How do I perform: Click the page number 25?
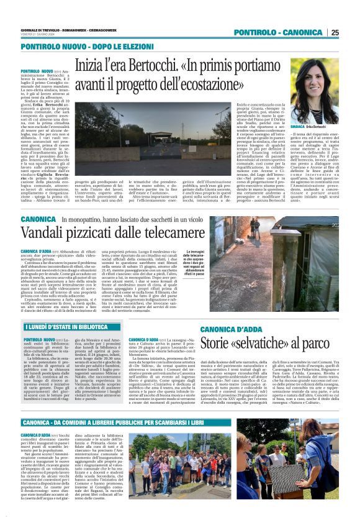[x=335, y=32]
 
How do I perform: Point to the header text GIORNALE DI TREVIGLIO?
[x=40, y=29]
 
